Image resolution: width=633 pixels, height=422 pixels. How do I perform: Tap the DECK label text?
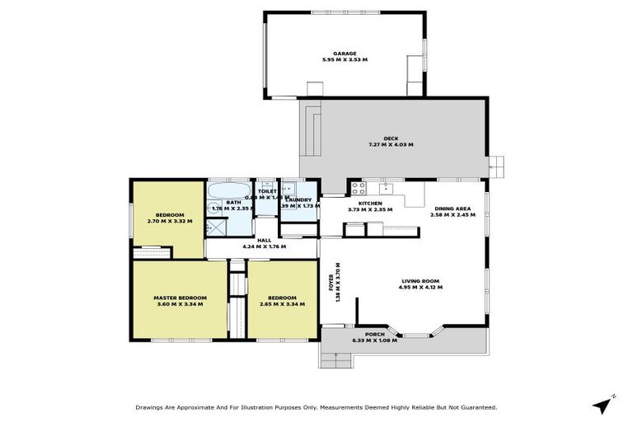pyautogui.click(x=392, y=138)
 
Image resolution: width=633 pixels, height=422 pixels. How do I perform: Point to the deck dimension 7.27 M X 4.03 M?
pyautogui.click(x=392, y=144)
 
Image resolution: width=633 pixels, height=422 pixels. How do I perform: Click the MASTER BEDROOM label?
pyautogui.click(x=180, y=298)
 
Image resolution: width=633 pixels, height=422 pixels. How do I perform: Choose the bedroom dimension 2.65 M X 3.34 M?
pyautogui.click(x=283, y=304)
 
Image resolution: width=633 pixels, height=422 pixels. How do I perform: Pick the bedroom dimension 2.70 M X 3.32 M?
pyautogui.click(x=170, y=221)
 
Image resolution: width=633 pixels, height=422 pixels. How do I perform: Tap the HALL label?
pyautogui.click(x=265, y=240)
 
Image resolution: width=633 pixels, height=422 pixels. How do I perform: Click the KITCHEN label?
pyautogui.click(x=369, y=203)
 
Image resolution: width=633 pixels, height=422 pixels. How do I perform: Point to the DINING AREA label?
pyautogui.click(x=453, y=209)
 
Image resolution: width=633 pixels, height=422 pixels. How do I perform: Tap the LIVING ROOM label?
pyautogui.click(x=421, y=281)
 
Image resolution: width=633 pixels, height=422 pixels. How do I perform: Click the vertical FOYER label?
pyautogui.click(x=332, y=288)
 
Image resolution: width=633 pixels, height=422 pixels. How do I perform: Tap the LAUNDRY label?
pyautogui.click(x=299, y=199)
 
